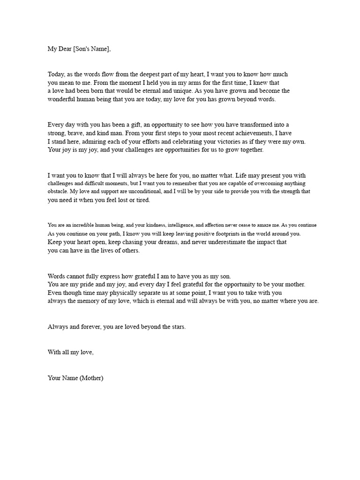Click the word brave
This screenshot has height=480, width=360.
coord(76,133)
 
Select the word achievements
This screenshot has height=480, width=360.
coord(248,133)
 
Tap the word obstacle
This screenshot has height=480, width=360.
coord(58,191)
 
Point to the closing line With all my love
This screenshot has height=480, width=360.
coord(70,352)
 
